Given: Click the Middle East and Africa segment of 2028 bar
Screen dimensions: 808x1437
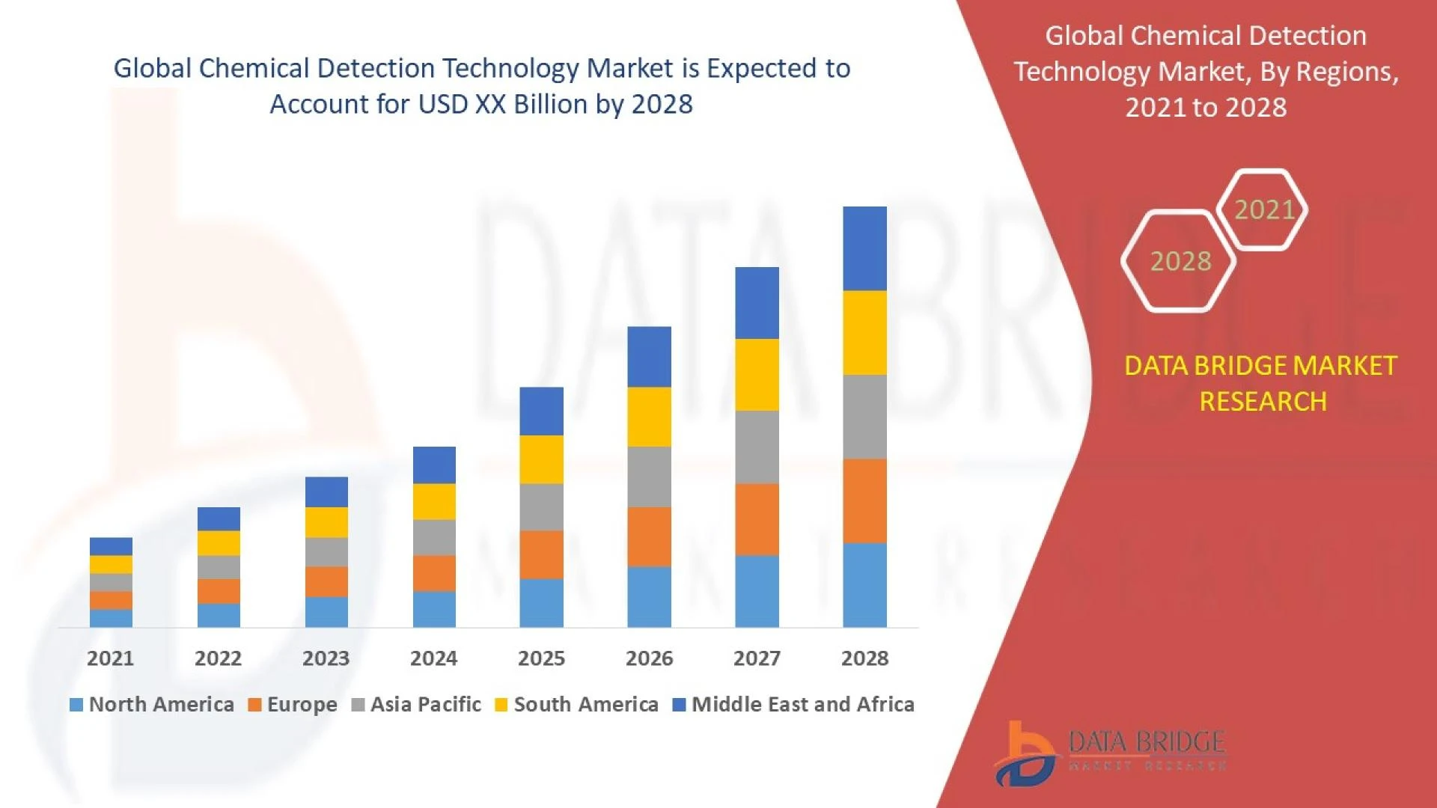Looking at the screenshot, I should pyautogui.click(x=864, y=248).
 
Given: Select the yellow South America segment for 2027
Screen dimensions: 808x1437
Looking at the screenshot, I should pyautogui.click(x=757, y=375).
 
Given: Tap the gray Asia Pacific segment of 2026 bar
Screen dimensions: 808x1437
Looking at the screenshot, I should pyautogui.click(x=649, y=477).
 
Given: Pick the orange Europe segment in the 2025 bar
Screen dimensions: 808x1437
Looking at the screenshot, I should pyautogui.click(x=541, y=554).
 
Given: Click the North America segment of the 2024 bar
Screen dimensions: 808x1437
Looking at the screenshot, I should pyautogui.click(x=434, y=609).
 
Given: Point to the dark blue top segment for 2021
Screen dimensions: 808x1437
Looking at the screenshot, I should pyautogui.click(x=111, y=546).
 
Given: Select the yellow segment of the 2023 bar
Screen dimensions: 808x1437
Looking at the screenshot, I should pyautogui.click(x=326, y=522).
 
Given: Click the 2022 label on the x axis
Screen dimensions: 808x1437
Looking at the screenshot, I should pyautogui.click(x=218, y=658).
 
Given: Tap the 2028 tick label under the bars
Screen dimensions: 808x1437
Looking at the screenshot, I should pyautogui.click(x=864, y=658).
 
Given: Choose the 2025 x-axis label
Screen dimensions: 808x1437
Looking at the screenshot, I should pyautogui.click(x=541, y=658).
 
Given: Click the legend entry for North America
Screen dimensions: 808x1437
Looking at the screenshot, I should pyautogui.click(x=152, y=705).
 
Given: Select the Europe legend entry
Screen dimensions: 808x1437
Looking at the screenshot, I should pyautogui.click(x=293, y=705).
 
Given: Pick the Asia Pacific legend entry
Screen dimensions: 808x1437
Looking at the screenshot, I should pyautogui.click(x=416, y=705).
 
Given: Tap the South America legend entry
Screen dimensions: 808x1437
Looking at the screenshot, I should pyautogui.click(x=577, y=705).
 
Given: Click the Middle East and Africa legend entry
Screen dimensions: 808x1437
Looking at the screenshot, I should pyautogui.click(x=793, y=705).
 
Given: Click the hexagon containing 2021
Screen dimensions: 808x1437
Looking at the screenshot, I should pyautogui.click(x=1263, y=209).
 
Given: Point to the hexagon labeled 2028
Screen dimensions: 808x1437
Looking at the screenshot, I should pyautogui.click(x=1180, y=261).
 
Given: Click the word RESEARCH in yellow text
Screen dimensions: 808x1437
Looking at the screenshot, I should pyautogui.click(x=1263, y=402).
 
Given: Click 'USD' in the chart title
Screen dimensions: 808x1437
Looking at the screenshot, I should pyautogui.click(x=443, y=104).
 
